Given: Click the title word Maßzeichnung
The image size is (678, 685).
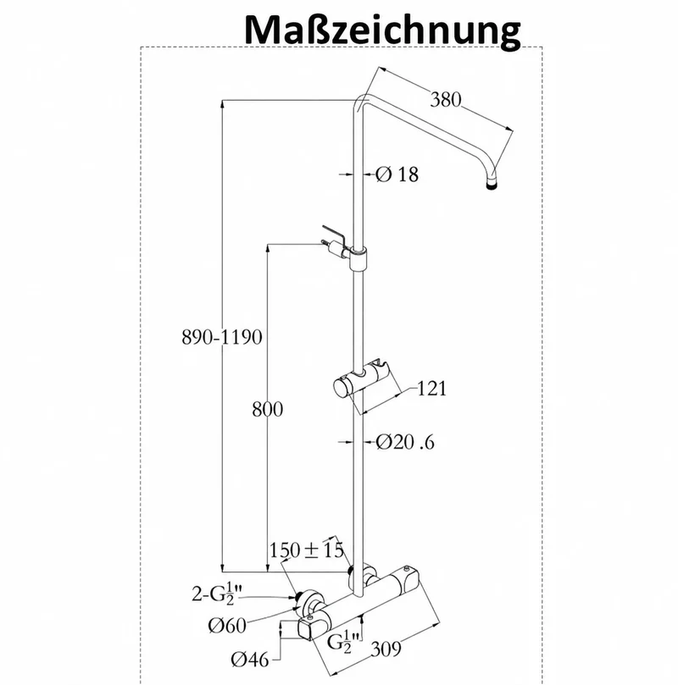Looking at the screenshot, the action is [382, 30].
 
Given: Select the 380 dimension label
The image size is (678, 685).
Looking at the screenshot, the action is [446, 100].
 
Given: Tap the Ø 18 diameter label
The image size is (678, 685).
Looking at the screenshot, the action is [397, 174].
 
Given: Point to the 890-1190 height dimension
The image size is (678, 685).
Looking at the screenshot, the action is [222, 337].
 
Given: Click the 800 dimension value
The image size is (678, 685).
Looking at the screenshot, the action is [268, 409].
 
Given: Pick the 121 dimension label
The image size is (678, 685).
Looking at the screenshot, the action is [432, 388].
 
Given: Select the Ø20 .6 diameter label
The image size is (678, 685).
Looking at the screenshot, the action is [405, 442].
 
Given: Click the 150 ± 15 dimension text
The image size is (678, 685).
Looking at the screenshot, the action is [307, 550].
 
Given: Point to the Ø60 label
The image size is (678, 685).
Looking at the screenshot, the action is [227, 626].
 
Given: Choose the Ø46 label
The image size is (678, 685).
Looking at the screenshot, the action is [250, 660].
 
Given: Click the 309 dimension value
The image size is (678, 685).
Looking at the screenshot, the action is [386, 649].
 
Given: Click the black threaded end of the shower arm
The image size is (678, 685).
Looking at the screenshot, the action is [492, 185].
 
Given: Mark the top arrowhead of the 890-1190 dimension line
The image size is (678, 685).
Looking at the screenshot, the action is [223, 103].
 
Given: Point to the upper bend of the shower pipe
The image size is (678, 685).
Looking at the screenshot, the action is [362, 102].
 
